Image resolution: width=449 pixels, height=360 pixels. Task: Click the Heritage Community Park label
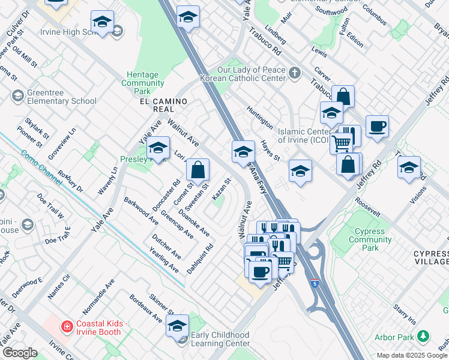coord(143,83)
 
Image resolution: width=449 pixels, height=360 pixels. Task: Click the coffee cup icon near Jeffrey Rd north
coord(377,127)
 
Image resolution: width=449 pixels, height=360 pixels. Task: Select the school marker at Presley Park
coord(158,148)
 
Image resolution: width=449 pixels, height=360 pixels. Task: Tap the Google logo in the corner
coord(20,353)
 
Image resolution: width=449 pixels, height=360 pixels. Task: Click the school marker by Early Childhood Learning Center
coord(177,326)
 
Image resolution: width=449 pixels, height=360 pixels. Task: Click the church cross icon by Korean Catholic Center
coord(294,73)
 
